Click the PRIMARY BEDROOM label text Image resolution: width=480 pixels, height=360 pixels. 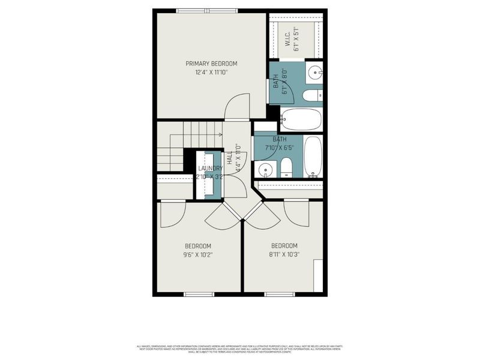pyautogui.click(x=211, y=64)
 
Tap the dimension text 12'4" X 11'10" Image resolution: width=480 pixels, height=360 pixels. pyautogui.click(x=211, y=72)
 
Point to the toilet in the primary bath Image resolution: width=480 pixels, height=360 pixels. pyautogui.click(x=313, y=96)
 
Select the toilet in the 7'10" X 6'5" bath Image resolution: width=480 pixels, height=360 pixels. pyautogui.click(x=286, y=167)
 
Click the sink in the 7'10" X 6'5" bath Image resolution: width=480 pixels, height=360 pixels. pyautogui.click(x=264, y=170)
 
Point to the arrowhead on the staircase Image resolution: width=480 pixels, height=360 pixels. pyautogui.click(x=221, y=135)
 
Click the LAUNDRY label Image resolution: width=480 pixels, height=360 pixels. pyautogui.click(x=211, y=169)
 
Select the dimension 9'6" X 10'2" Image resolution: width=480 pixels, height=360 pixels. pyautogui.click(x=198, y=254)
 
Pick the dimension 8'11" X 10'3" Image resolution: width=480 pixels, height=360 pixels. pyautogui.click(x=284, y=254)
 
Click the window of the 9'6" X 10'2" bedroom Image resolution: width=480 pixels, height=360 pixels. pyautogui.click(x=199, y=294)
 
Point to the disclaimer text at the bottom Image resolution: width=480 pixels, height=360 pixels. pyautogui.click(x=240, y=347)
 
